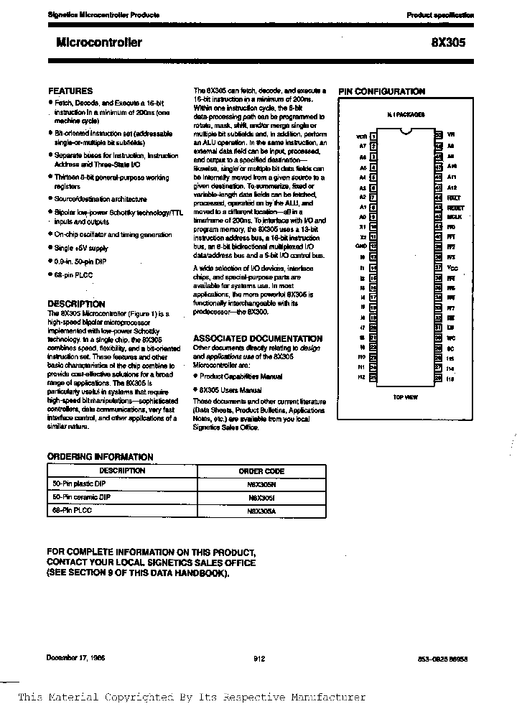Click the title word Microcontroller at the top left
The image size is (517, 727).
coord(99,42)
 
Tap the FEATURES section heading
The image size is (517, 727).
coord(70,91)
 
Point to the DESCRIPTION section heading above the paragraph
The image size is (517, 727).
coord(76,304)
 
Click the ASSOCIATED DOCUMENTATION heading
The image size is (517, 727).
coord(258,338)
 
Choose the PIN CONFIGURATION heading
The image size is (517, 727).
coord(381,91)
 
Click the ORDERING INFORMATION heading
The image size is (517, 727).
coord(100,456)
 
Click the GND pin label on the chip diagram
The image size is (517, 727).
coord(361,246)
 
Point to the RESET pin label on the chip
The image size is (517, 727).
coord(455,207)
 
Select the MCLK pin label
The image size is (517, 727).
coord(454,216)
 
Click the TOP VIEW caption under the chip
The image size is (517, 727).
coord(406,397)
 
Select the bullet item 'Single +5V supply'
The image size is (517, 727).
coord(81,248)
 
